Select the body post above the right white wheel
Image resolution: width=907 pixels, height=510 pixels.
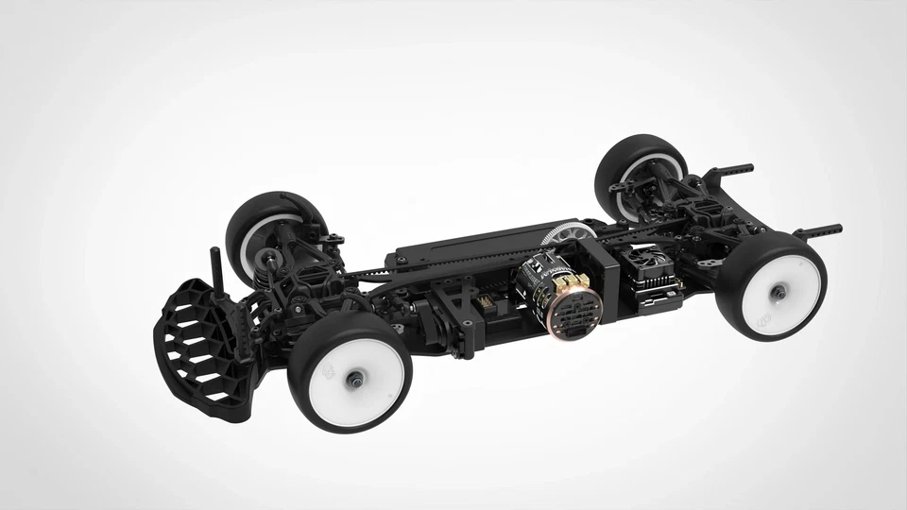click(818, 229)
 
